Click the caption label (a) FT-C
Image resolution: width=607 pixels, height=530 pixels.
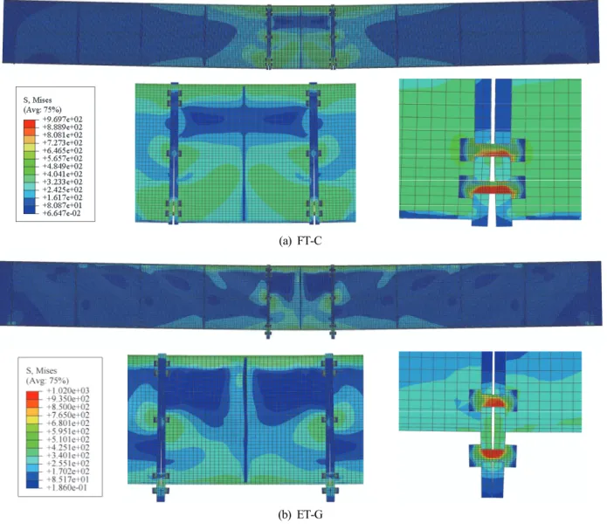point(300,241)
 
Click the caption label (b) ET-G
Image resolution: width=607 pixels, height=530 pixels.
point(300,514)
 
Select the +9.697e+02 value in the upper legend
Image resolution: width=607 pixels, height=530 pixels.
point(62,120)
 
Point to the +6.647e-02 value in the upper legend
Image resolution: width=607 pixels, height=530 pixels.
point(62,213)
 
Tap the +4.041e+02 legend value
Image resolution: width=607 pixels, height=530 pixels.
point(62,174)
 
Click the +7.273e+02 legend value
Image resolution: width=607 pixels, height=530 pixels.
point(62,142)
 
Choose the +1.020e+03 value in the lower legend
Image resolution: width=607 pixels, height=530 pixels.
point(68,390)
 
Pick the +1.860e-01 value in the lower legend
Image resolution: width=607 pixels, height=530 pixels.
point(68,487)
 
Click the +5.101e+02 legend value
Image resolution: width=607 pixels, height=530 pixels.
point(68,439)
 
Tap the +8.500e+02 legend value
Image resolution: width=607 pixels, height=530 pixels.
point(68,407)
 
